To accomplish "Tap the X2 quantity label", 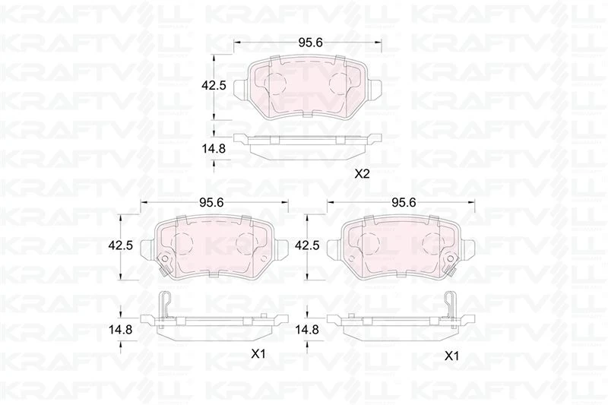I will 362,174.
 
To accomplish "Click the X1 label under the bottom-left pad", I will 258,353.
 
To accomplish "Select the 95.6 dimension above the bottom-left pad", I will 211,202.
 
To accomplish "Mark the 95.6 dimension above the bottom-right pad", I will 404,202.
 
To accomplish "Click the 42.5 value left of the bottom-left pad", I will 122,245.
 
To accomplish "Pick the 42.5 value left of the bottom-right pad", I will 306,245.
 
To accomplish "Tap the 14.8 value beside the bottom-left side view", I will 122,330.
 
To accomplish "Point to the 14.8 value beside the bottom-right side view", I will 306,330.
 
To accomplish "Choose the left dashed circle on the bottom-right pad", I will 369,242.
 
